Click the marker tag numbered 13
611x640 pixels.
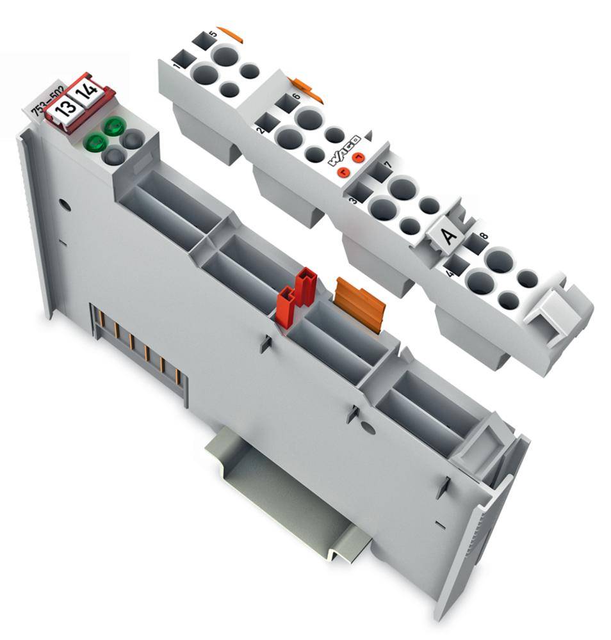[65, 106]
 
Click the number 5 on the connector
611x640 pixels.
[212, 33]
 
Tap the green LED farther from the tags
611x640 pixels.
[95, 141]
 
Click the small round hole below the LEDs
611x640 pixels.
[63, 205]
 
